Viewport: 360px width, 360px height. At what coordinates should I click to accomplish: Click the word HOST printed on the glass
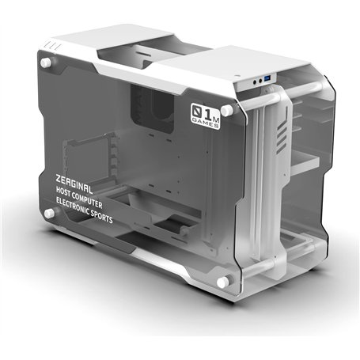point(66,192)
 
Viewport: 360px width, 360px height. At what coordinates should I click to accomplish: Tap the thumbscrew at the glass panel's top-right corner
point(227,108)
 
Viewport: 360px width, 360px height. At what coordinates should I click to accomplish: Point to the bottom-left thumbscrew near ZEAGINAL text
point(48,214)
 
